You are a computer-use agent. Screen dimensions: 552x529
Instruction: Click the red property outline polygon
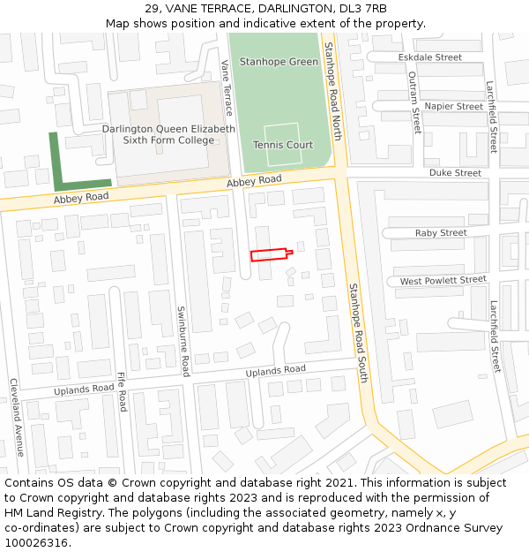tap(268, 255)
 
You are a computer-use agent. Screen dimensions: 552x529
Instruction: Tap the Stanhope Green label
tap(279, 63)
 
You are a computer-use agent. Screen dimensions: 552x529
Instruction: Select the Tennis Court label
tap(283, 145)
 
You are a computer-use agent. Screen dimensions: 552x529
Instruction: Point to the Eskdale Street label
tap(430, 57)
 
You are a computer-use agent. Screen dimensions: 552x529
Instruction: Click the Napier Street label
tap(453, 107)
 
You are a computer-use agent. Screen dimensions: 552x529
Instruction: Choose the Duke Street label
tap(455, 173)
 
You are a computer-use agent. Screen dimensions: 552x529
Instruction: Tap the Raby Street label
tap(441, 233)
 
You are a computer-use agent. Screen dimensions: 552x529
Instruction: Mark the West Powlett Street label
tap(443, 281)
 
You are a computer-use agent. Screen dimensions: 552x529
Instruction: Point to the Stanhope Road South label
tap(356, 332)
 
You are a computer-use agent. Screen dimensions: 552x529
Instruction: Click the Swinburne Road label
tap(183, 341)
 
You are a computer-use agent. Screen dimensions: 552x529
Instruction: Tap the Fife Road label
tap(122, 390)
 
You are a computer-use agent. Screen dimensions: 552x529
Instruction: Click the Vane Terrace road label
tap(227, 87)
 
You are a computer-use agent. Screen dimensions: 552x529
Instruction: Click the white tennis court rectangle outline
tap(282, 145)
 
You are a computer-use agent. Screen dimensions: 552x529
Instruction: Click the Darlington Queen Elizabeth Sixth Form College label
tap(168, 134)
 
